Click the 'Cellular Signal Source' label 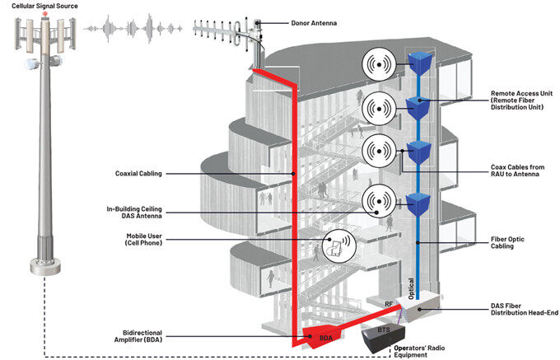tap(44, 6)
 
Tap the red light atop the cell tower tap(45, 14)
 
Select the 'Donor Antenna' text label tap(314, 23)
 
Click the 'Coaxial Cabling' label tap(138, 174)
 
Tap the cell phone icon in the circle tap(337, 247)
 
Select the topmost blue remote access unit tap(420, 63)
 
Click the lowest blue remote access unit tap(418, 204)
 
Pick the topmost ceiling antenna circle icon tap(379, 64)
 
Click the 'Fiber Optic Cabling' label tap(507, 242)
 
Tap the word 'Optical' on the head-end tap(411, 288)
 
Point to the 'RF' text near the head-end tap(389, 304)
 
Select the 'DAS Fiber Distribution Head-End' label tap(525, 309)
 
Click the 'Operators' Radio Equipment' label tap(420, 352)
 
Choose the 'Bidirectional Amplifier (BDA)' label tap(138, 336)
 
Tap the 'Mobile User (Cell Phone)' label tap(143, 239)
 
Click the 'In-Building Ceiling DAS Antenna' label tap(134, 213)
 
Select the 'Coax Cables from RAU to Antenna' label tap(517, 171)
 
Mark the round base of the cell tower tap(45, 266)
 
